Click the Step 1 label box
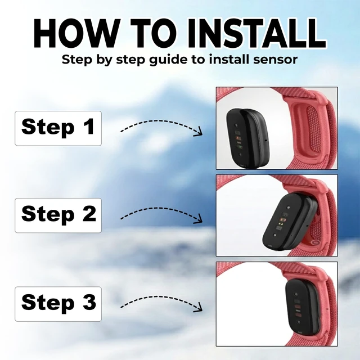(x=58, y=128)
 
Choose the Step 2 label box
(x=58, y=215)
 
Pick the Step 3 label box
(x=58, y=304)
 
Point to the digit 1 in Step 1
(x=89, y=126)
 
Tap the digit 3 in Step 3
(x=89, y=301)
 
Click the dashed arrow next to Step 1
(x=159, y=121)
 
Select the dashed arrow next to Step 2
(x=159, y=208)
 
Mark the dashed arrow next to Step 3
(x=159, y=297)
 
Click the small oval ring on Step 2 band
(x=316, y=242)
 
